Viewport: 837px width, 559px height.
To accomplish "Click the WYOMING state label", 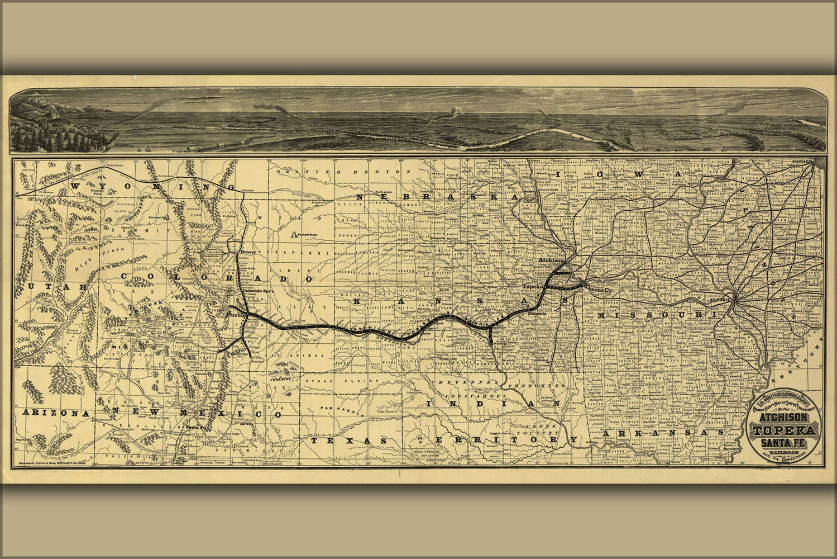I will coord(149,187).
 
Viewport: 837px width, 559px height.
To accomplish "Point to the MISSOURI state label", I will coord(658,316).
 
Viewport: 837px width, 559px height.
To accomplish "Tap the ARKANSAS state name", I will coord(664,433).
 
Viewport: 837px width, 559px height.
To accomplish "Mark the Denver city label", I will coord(247,252).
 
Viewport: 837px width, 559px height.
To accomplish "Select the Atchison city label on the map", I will coord(552,261).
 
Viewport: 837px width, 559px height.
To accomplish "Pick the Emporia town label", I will coord(538,313).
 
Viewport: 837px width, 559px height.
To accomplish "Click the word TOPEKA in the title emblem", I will coord(785,430).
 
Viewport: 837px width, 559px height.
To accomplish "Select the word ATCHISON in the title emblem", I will coord(785,418).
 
